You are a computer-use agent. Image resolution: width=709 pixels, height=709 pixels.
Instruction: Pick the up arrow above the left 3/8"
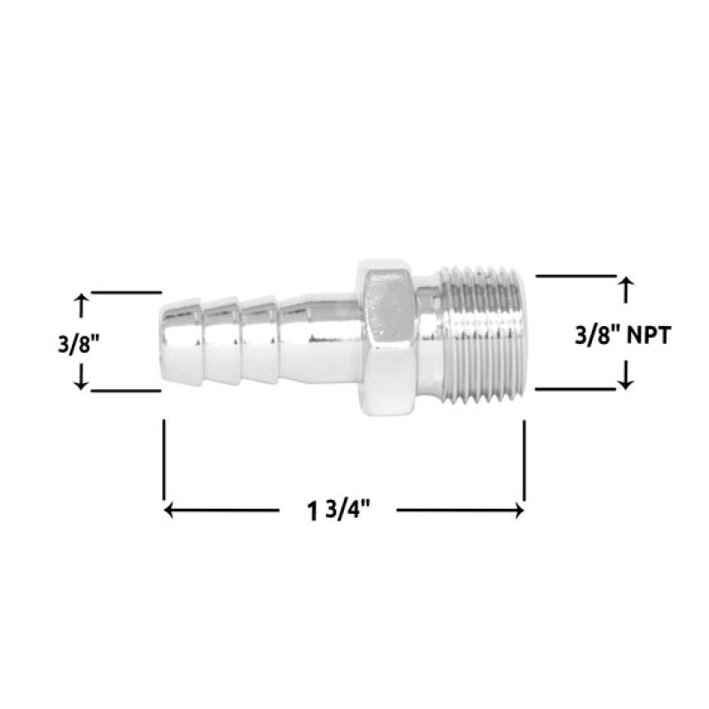tap(81, 304)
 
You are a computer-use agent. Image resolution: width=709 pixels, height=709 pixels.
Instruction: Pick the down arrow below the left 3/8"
tap(81, 378)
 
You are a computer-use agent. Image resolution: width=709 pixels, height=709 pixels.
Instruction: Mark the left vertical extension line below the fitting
tap(164, 461)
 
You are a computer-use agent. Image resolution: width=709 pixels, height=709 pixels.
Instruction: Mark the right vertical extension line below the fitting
tap(525, 461)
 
